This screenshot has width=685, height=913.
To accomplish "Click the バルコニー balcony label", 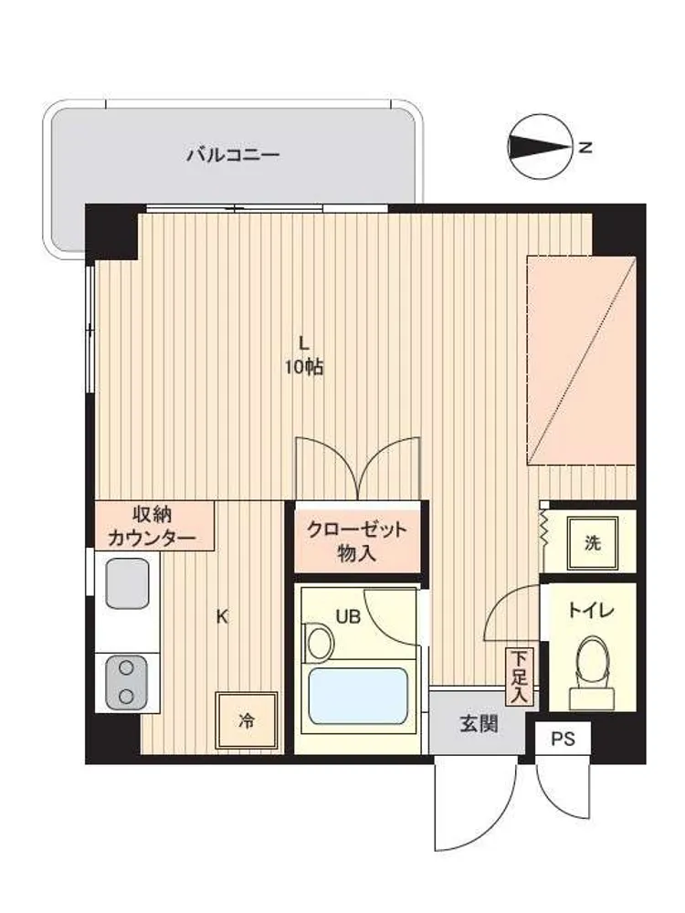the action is tap(233, 155).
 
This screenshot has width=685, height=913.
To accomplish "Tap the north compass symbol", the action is tap(539, 147).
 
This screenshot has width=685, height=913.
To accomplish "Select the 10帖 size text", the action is tap(303, 367).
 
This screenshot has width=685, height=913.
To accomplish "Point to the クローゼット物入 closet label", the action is tap(356, 541).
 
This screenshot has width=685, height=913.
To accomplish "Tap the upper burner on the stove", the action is tap(126, 668).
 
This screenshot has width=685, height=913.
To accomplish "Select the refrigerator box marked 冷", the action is tap(247, 721).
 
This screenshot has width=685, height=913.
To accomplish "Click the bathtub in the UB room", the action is tap(357, 697).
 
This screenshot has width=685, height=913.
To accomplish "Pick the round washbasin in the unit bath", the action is tap(320, 642).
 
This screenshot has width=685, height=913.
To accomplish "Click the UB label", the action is tap(348, 616).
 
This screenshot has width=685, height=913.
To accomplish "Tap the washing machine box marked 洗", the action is tap(592, 543).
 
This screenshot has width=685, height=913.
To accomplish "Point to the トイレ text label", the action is tap(591, 611).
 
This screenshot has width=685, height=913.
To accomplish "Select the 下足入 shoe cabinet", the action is tap(519, 677).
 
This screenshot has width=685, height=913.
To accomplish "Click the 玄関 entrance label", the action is tap(479, 724).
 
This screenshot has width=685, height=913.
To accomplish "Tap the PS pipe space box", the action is tap(563, 739).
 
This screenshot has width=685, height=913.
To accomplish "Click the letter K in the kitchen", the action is tap(222, 616).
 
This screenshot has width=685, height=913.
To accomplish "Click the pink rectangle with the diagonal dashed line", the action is tap(581, 360).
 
